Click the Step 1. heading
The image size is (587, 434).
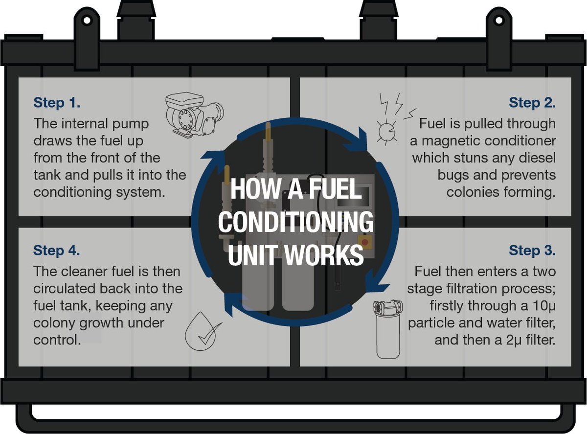tap(57, 103)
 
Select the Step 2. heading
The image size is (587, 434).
tap(532, 103)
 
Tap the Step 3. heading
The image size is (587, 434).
tap(532, 250)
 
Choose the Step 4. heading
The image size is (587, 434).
tap(57, 250)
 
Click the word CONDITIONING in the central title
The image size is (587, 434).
tap(295, 223)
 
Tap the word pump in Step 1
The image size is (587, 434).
tap(130, 123)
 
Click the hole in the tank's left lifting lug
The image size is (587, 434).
tap(86, 21)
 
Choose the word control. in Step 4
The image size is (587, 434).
tap(57, 340)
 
